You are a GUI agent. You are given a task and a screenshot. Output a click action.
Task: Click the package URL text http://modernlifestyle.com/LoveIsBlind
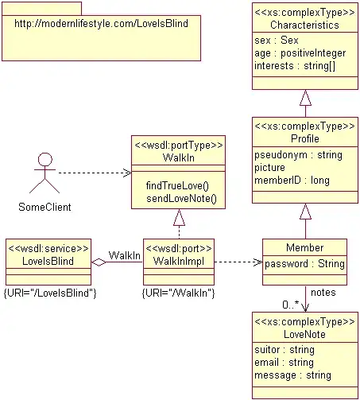100,24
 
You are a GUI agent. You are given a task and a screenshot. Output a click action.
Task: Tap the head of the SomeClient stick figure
45,159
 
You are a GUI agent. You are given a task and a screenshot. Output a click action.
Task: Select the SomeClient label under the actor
45,207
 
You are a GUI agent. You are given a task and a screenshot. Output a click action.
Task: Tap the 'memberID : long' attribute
292,181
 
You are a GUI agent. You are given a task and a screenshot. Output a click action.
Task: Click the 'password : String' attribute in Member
304,263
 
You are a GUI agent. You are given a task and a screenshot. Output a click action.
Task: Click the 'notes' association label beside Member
323,293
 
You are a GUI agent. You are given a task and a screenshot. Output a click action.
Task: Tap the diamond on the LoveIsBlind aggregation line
99,262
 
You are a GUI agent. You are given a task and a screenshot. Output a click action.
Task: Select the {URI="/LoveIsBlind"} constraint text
51,293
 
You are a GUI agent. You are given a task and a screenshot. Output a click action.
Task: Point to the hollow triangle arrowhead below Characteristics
304,99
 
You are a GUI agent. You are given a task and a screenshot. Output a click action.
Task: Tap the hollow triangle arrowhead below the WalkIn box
179,217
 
